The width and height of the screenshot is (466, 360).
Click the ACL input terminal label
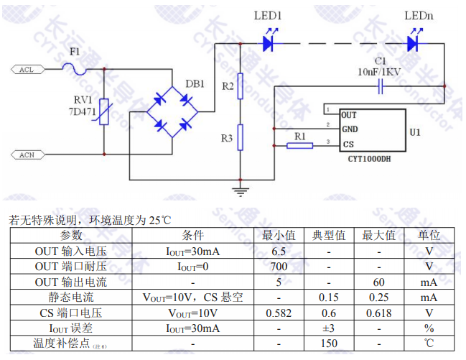[x=27, y=69]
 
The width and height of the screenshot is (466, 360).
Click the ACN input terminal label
[x=27, y=154]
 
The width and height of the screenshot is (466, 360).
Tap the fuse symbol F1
[x=73, y=68]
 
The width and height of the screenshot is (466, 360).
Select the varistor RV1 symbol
[x=104, y=112]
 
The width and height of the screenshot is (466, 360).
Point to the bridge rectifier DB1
[x=172, y=112]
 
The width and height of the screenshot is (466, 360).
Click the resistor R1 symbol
[x=299, y=145]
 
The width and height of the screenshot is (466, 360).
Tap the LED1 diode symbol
[x=269, y=44]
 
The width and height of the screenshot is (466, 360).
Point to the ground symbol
[x=241, y=191]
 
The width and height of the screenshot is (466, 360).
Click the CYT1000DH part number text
[x=366, y=159]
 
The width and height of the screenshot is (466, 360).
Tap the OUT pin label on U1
[x=349, y=115]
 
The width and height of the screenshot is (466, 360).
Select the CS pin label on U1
[x=348, y=144]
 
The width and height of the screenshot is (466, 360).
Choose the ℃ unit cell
[x=429, y=343]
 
